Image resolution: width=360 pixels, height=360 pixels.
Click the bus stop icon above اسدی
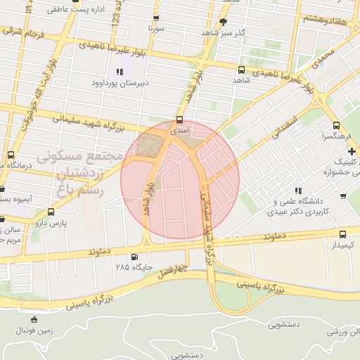180,120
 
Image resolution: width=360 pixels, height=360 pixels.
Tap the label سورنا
156,29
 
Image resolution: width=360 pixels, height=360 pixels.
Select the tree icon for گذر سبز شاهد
224,22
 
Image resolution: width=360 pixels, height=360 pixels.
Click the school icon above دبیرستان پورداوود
120,72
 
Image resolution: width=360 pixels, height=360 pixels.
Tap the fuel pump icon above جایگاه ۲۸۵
134,257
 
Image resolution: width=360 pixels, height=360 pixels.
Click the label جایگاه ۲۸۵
133,268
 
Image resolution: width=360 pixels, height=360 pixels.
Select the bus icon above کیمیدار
342,234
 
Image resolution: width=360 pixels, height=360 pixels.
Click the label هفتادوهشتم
325,19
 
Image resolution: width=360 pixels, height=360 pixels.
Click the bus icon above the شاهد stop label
241,70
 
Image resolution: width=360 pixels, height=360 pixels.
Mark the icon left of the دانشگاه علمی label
299,190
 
